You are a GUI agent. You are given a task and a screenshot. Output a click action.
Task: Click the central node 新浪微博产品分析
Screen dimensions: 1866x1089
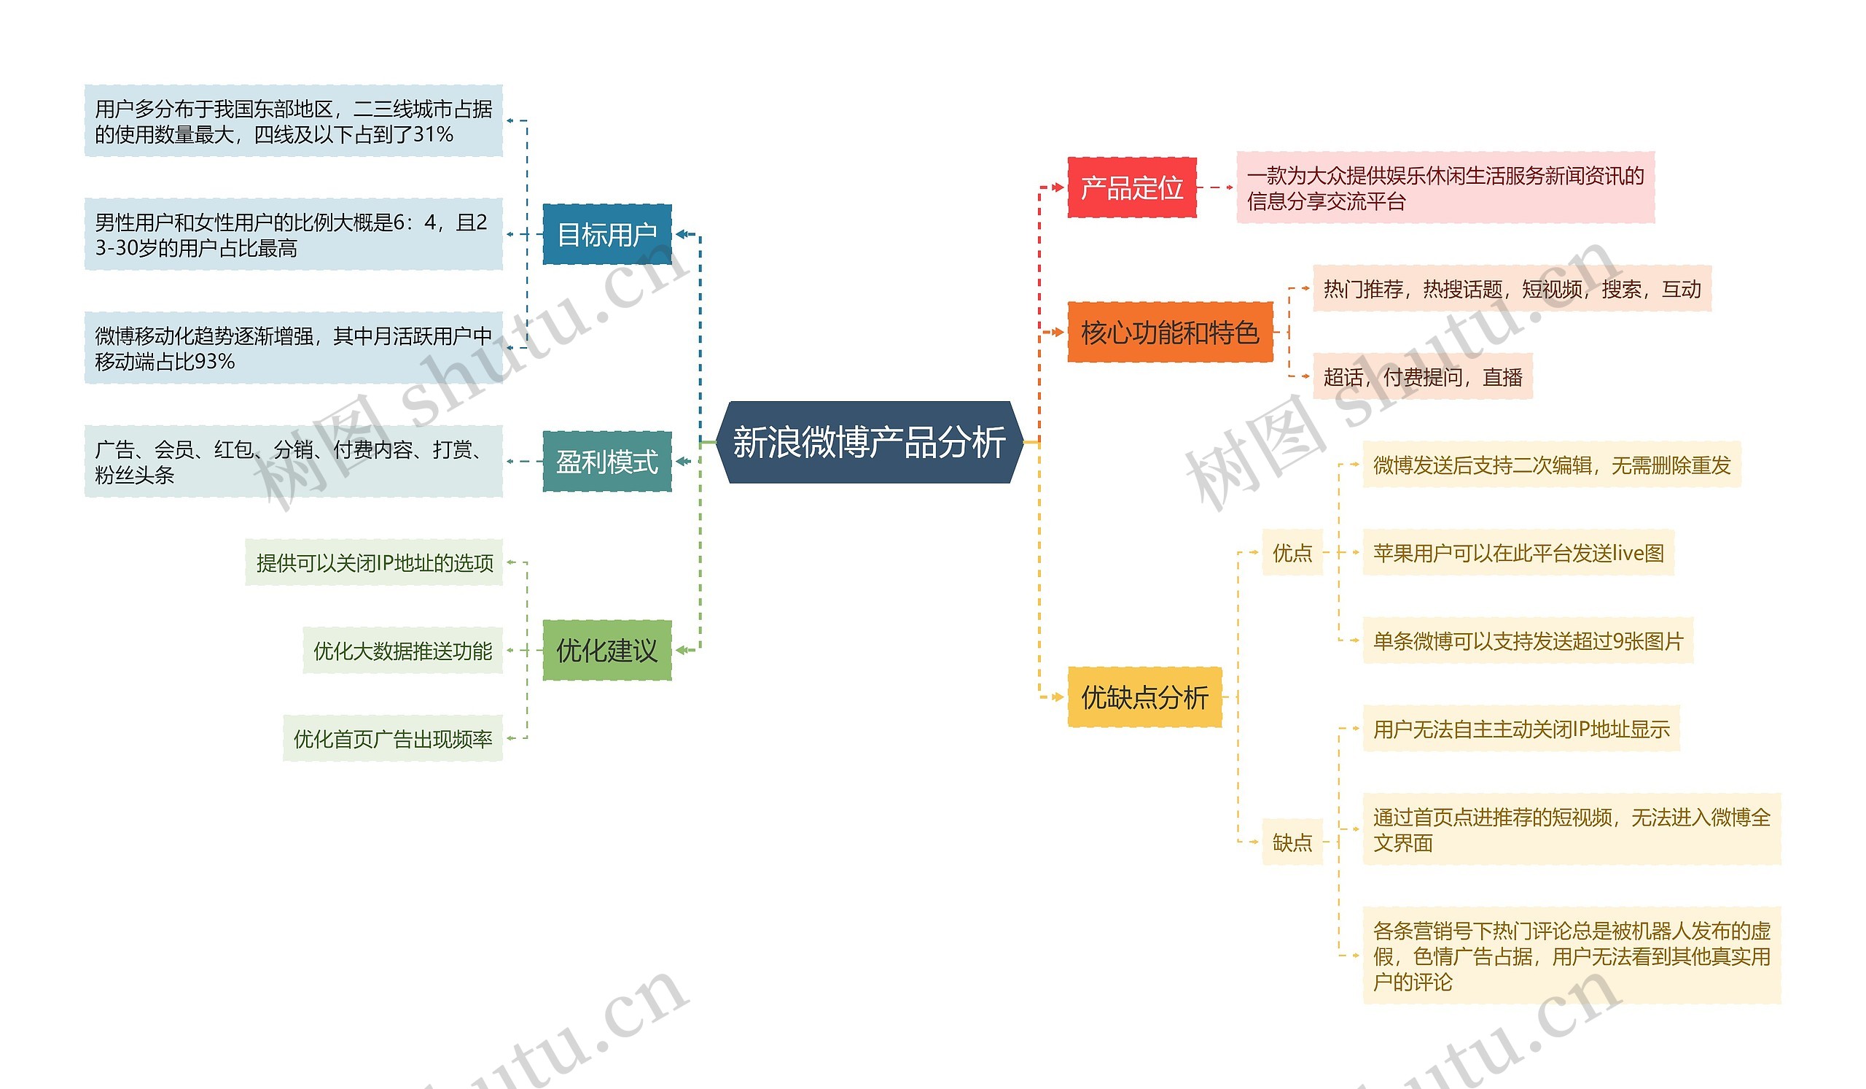870,442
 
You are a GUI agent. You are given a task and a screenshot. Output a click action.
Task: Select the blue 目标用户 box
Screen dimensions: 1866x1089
606,234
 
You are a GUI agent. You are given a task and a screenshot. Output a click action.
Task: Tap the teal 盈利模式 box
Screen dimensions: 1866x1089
606,462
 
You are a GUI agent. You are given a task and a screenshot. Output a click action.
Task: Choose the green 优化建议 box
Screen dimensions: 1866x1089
606,651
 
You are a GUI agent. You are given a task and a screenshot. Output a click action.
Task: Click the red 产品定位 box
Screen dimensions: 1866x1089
1131,187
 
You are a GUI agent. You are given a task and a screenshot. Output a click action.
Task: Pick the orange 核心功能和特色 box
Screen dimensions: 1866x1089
1169,333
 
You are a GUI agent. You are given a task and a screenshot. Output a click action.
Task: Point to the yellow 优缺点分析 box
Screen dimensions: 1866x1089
1144,697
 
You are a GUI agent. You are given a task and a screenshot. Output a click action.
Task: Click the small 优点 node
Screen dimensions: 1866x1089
1292,553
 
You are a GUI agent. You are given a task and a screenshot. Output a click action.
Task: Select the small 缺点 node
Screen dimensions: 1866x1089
1292,842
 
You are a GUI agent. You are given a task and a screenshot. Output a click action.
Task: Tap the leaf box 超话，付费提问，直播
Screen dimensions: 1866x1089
1421,377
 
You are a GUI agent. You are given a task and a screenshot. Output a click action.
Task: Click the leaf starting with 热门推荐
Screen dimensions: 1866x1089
1511,289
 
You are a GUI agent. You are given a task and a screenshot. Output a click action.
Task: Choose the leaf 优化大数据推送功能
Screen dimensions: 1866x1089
402,651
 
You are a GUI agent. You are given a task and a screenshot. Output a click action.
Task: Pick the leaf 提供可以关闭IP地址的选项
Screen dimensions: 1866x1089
374,563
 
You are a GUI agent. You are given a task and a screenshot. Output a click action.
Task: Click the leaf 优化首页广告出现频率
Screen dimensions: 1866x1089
392,739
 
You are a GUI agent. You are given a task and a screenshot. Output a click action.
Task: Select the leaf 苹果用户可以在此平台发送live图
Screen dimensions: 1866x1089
1518,553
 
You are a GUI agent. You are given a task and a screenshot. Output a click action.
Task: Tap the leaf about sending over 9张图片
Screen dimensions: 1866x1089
1528,641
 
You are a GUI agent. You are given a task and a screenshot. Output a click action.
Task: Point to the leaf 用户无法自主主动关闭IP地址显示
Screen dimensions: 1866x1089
1521,729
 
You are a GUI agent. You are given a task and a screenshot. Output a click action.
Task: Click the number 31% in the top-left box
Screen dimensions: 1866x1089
433,134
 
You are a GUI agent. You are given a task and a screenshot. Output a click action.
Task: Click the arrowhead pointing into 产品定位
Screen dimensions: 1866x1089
1060,187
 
